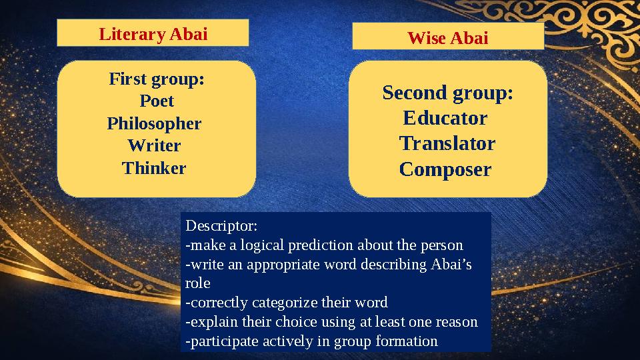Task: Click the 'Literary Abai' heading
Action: pyautogui.click(x=153, y=34)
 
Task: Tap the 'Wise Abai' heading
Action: pyautogui.click(x=447, y=39)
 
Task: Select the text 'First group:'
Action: pyautogui.click(x=157, y=80)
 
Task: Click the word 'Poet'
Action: pyautogui.click(x=157, y=101)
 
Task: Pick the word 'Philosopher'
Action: pyautogui.click(x=154, y=124)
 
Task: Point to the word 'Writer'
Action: pyautogui.click(x=154, y=145)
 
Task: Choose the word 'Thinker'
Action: pyautogui.click(x=154, y=168)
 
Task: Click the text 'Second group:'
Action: pyautogui.click(x=447, y=93)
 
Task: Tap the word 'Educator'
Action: pyautogui.click(x=445, y=119)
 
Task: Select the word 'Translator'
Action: pyautogui.click(x=447, y=144)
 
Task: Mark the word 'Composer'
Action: pyautogui.click(x=445, y=169)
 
